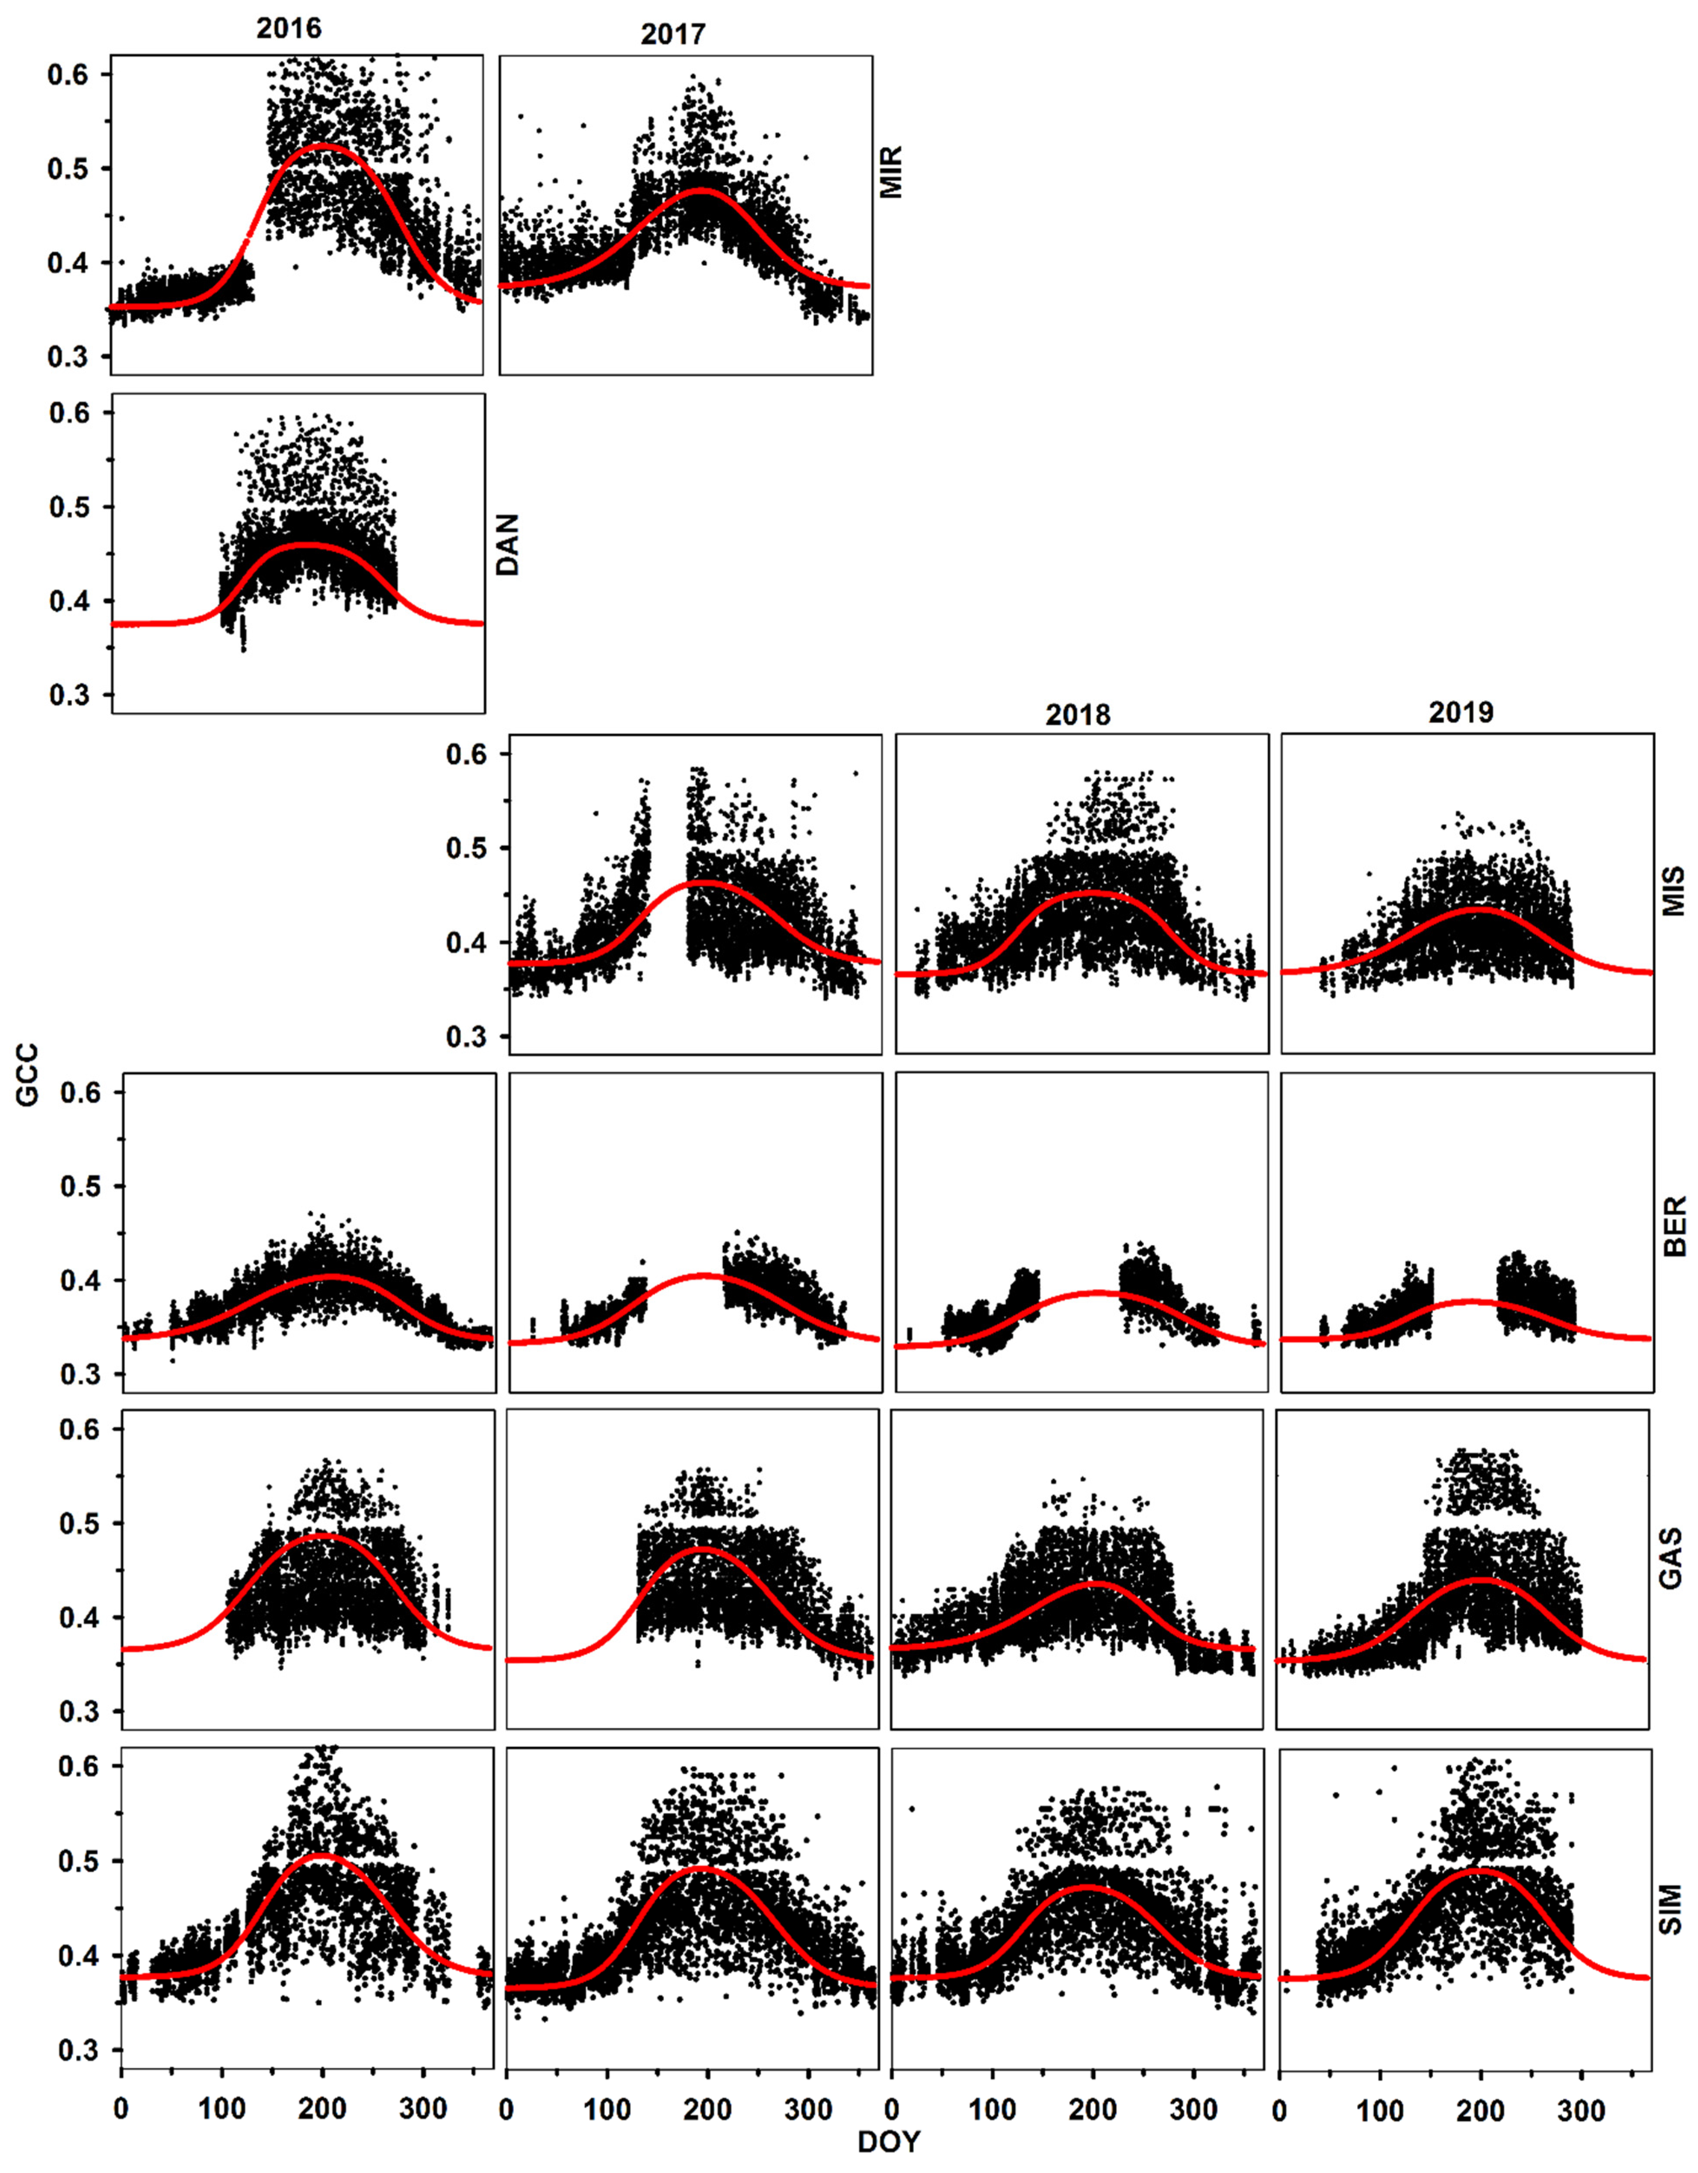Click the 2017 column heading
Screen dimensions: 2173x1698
tap(673, 34)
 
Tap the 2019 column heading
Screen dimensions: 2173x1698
tap(1461, 712)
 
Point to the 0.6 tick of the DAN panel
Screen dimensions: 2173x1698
tap(69, 413)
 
